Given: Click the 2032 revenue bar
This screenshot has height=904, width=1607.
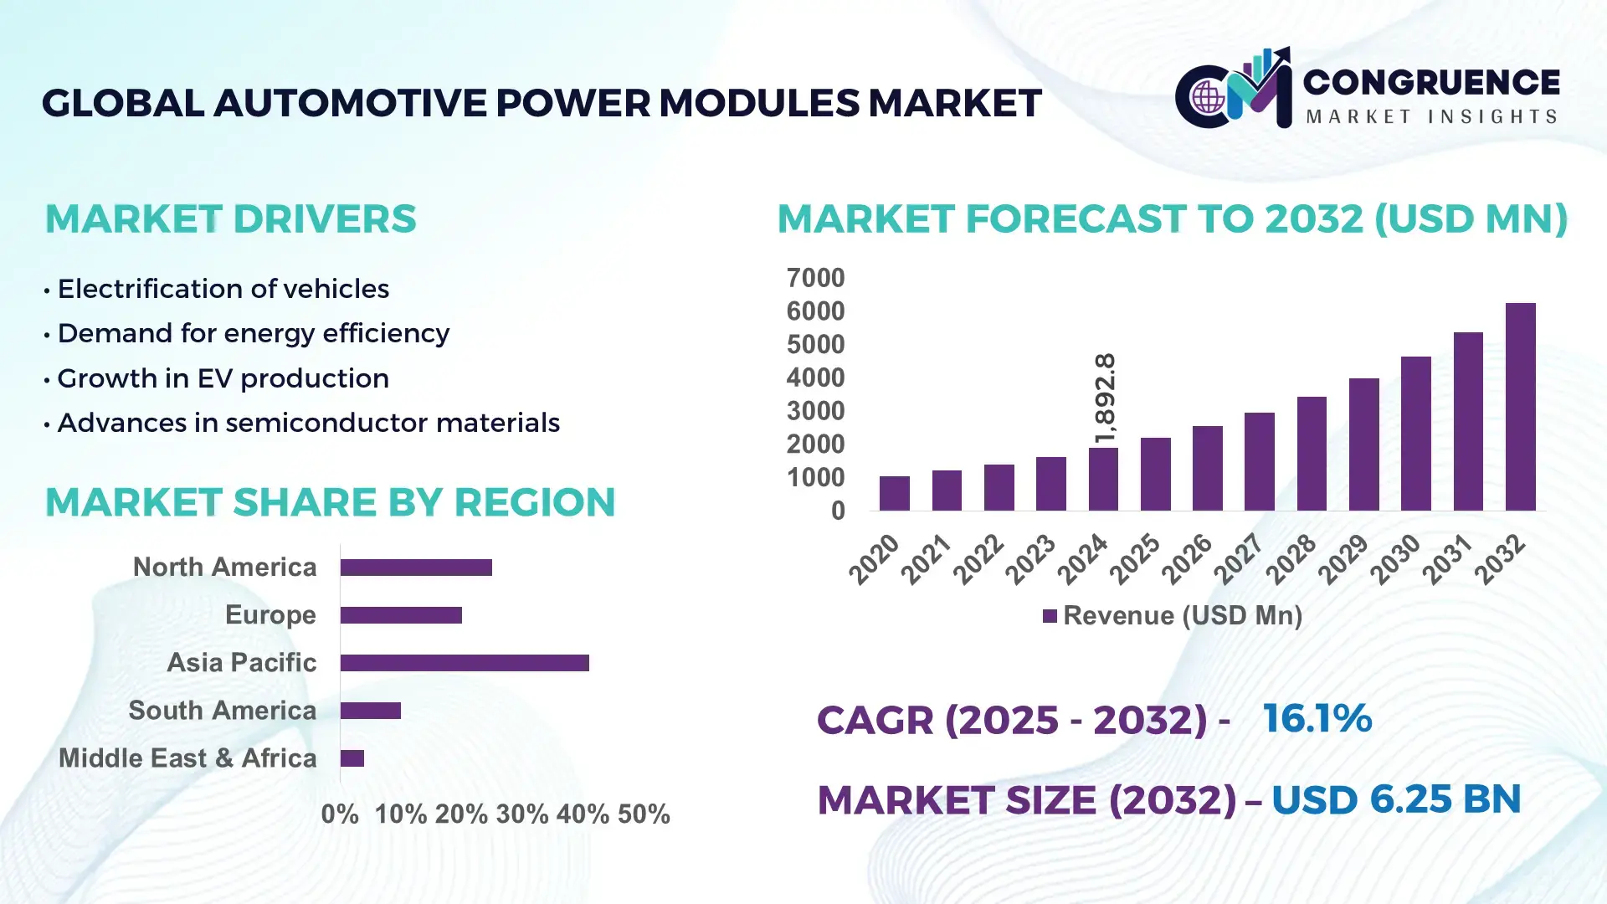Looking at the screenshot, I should tap(1520, 407).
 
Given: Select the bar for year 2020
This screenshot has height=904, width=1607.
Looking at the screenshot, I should tap(894, 494).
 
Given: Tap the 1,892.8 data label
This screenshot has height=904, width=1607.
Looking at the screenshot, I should tap(1105, 398).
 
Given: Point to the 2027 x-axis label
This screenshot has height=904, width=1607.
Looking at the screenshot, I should tap(1239, 558).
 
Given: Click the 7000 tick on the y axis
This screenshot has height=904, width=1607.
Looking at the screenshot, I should tap(815, 278).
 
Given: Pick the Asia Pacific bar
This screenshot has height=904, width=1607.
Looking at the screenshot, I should tap(465, 663).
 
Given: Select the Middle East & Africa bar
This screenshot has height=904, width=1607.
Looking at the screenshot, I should tap(352, 758).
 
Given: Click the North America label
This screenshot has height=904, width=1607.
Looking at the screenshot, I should tap(224, 567).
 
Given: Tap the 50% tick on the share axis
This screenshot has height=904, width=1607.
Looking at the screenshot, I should tap(644, 814).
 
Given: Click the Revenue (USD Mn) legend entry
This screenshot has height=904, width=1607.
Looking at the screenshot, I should tap(1172, 616).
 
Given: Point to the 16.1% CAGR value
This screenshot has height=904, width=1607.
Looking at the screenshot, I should tap(1317, 718).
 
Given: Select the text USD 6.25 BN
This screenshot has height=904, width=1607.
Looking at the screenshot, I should tap(1395, 799).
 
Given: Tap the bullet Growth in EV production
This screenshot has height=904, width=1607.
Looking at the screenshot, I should tap(223, 378).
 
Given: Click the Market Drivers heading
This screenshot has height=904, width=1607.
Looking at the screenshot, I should tap(230, 219).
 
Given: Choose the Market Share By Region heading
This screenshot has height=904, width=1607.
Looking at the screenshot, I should tap(330, 502).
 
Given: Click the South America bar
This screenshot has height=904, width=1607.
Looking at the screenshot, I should tap(371, 711).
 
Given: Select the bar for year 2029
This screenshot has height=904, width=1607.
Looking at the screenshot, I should tap(1363, 444).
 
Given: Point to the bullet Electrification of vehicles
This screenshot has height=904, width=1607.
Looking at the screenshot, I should tap(223, 289).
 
